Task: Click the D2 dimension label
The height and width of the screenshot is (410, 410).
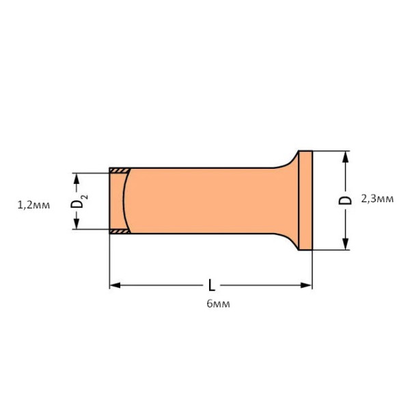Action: click(79, 202)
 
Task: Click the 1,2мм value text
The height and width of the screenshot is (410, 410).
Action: click(33, 203)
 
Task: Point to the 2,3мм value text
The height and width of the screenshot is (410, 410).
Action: click(377, 199)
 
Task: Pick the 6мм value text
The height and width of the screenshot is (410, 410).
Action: click(217, 303)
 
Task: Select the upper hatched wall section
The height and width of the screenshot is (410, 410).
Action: click(120, 170)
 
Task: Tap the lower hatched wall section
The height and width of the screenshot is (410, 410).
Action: click(120, 232)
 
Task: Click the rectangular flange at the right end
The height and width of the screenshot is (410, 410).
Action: click(305, 200)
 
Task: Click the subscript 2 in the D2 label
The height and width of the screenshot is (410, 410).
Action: click(84, 197)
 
